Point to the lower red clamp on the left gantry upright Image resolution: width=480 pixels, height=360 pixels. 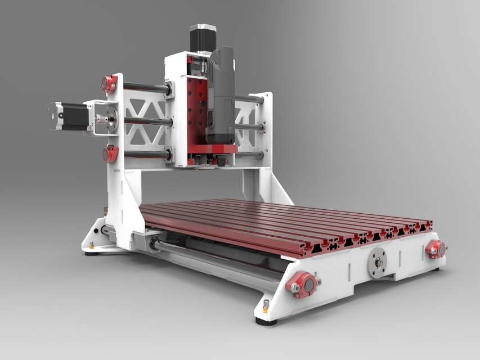tap(110, 153)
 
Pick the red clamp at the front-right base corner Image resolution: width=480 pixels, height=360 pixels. tap(435, 247)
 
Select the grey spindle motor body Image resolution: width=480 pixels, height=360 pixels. tap(222, 96)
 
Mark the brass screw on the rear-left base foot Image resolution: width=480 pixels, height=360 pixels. tap(92, 244)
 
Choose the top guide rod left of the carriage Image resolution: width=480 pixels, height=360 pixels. tap(143, 87)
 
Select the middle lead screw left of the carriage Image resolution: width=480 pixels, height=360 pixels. tap(143, 120)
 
